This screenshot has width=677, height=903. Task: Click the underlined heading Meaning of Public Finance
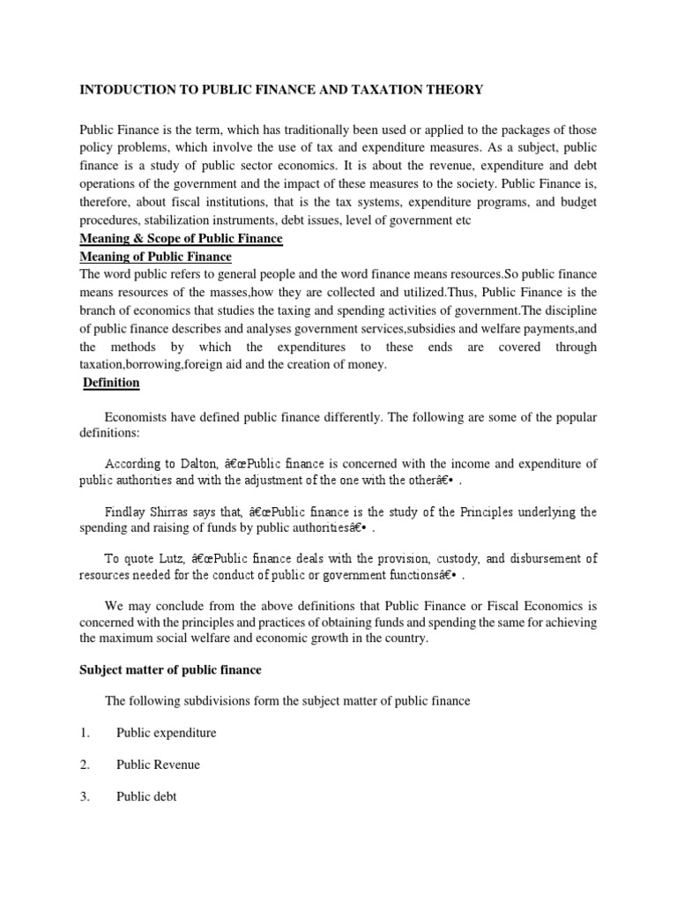click(155, 257)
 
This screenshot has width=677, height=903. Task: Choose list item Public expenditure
click(166, 733)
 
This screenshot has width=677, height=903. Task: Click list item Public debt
click(146, 796)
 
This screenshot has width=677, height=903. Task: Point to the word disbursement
click(543, 558)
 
